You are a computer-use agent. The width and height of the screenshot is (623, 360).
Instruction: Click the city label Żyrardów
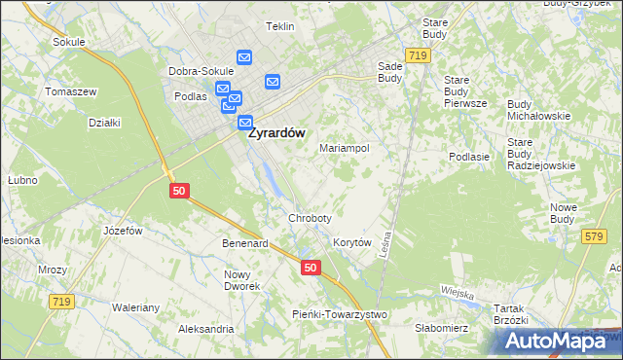click(278, 134)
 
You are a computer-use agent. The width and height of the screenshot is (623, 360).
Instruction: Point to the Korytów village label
click(352, 242)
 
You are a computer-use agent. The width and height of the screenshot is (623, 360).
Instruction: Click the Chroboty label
click(310, 218)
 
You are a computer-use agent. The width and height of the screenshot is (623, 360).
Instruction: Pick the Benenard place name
click(244, 243)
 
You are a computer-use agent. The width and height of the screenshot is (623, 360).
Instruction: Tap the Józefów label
click(123, 231)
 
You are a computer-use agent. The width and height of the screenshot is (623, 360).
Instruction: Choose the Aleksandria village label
click(204, 329)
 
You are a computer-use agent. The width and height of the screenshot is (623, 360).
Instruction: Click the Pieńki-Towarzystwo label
click(340, 314)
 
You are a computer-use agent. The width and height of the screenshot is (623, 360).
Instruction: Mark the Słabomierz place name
click(441, 328)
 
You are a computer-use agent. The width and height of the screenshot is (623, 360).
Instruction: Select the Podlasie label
click(468, 157)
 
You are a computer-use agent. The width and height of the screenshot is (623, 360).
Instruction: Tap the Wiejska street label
click(456, 293)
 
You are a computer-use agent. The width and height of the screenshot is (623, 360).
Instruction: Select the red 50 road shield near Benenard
click(311, 268)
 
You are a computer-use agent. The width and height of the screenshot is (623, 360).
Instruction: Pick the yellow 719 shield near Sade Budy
click(419, 57)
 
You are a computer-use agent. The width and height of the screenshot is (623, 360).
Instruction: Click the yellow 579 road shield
click(593, 236)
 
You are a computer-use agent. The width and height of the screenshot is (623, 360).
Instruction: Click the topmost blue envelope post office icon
click(243, 58)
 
